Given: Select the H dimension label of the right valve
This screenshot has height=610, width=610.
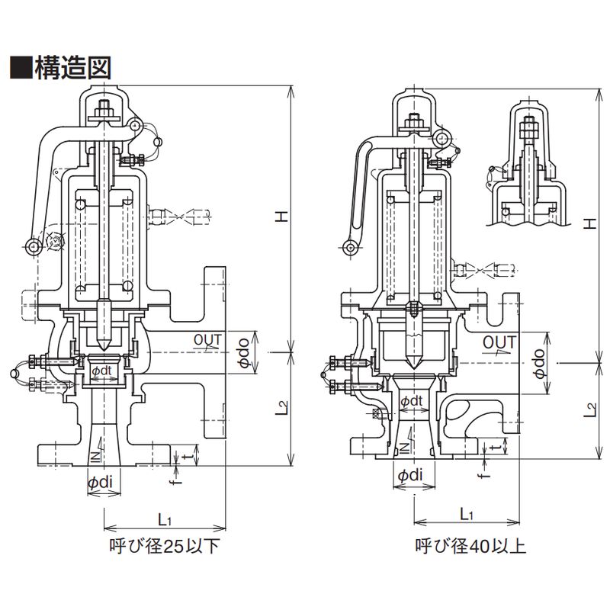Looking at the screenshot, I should pyautogui.click(x=589, y=223).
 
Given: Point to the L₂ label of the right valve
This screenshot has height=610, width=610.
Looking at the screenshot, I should pyautogui.click(x=589, y=409).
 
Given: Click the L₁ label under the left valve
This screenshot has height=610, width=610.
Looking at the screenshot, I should pyautogui.click(x=165, y=520).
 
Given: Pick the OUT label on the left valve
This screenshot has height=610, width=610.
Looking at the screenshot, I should pyautogui.click(x=209, y=338).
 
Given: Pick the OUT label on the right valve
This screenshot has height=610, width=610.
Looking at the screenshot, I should pyautogui.click(x=499, y=342).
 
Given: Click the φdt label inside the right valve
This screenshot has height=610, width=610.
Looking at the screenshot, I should pyautogui.click(x=413, y=400).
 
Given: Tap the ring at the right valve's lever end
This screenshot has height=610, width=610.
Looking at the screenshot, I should pyautogui.click(x=350, y=247).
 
